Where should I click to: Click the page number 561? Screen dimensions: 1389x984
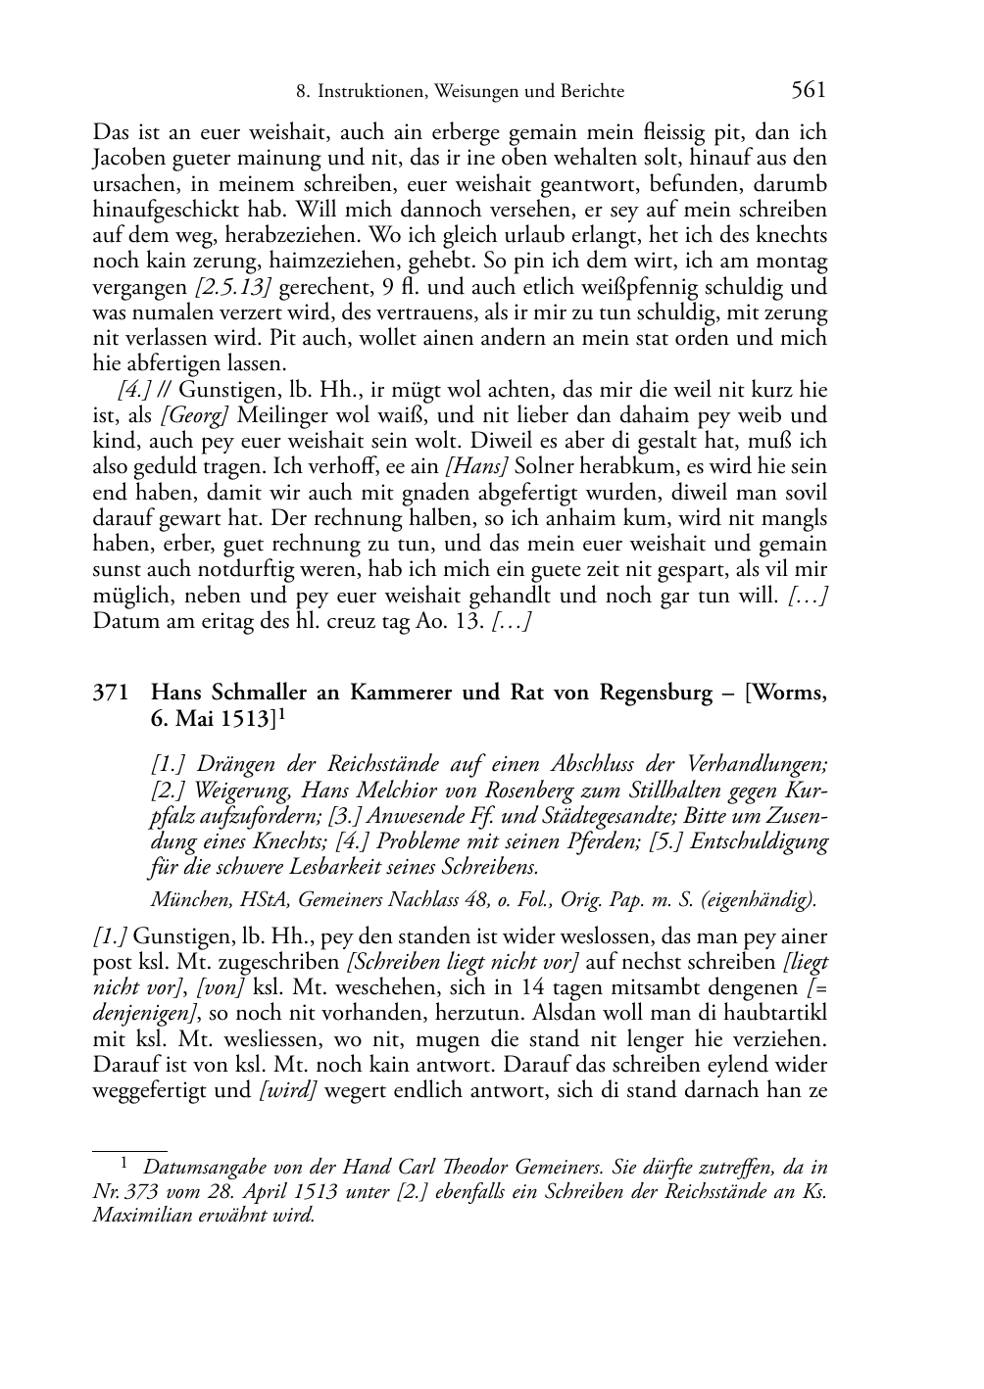coord(809,91)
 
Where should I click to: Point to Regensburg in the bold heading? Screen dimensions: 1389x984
coord(651,694)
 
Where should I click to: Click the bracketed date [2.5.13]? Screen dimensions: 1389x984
coord(229,287)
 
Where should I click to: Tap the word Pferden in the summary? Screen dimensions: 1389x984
coord(557,841)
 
